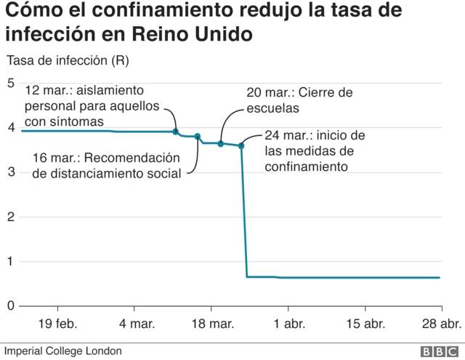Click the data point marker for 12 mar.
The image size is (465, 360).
(x=176, y=132)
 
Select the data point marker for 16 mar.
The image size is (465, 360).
(x=198, y=137)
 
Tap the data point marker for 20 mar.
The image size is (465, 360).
(x=221, y=144)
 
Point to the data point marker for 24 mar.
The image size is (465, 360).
(x=241, y=146)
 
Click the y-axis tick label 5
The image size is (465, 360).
(x=10, y=83)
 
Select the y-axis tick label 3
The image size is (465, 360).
(x=10, y=172)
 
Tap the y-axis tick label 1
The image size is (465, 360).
(x=10, y=261)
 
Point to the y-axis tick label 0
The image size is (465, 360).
(x=10, y=306)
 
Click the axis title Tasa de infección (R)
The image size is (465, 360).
(x=67, y=62)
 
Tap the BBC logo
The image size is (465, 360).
(x=437, y=351)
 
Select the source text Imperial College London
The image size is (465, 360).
(x=62, y=351)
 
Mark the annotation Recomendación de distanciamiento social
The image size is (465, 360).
(x=105, y=165)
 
